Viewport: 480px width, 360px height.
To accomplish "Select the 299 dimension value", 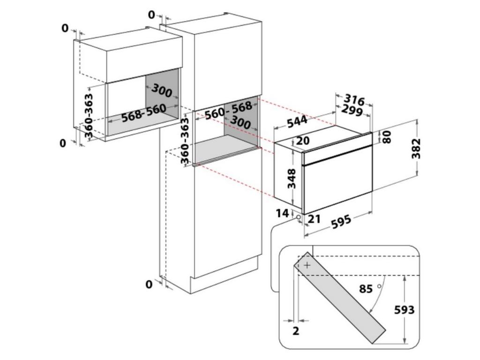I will [x=352, y=111].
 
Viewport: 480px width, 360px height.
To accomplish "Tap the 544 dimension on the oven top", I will [x=297, y=121].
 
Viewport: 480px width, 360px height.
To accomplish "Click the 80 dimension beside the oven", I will [x=387, y=137].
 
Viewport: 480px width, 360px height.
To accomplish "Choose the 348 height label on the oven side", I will [x=292, y=178].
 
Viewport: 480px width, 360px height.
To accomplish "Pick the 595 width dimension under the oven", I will [x=341, y=222].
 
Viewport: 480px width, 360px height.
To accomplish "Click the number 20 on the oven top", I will [x=303, y=141].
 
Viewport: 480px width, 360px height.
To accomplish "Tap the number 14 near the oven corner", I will [x=283, y=214].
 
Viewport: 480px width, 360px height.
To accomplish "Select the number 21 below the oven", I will [x=314, y=218].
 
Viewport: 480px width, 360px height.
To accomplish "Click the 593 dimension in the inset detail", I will [x=405, y=310].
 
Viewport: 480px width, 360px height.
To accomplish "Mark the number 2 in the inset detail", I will [x=296, y=331].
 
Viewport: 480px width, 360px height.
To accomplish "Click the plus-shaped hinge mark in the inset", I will [x=307, y=265].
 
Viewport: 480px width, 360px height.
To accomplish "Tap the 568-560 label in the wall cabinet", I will [x=143, y=113].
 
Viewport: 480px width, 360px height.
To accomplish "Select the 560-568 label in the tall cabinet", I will [x=228, y=110].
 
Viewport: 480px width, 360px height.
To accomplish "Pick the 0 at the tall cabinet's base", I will [x=149, y=285].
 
